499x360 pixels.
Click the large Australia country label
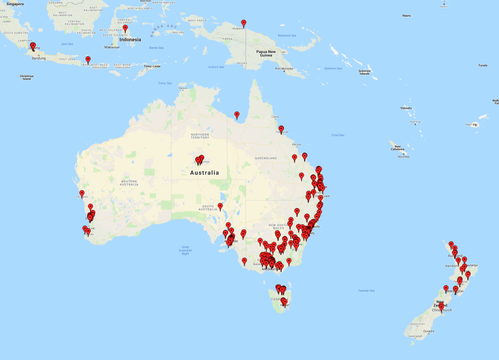coord(204,173)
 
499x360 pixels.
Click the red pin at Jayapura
coord(243,24)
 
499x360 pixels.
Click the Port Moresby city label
coord(284,68)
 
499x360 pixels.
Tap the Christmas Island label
coord(26,77)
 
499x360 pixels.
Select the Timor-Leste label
coord(152,66)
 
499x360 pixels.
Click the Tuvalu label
coord(482,65)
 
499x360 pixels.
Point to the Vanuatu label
coord(406,108)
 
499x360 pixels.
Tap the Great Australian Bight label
coord(185,250)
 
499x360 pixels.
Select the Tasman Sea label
coord(367,290)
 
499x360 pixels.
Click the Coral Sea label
coord(338,135)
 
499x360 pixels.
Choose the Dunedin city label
coord(429,331)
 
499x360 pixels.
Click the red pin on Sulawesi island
coord(125,28)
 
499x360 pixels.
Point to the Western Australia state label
coord(129,183)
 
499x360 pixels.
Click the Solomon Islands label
coord(364,72)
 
